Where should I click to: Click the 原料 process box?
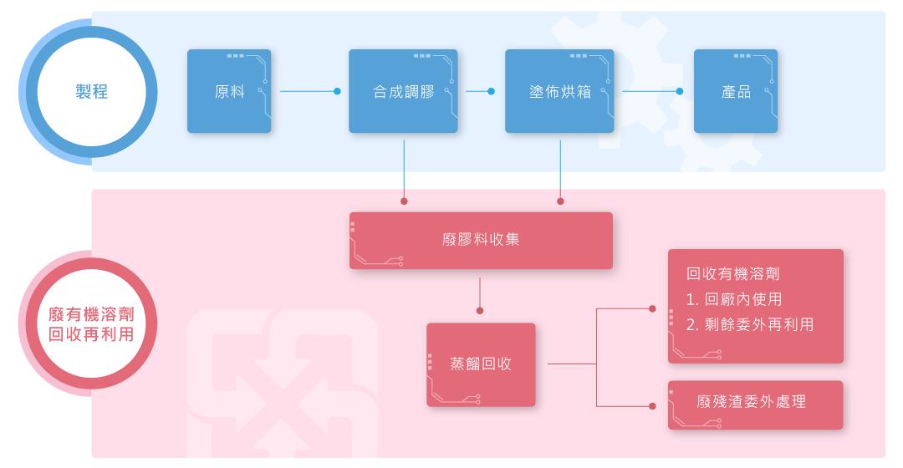[x=229, y=91]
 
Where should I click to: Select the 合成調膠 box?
[x=403, y=91]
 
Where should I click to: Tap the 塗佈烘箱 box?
[x=559, y=91]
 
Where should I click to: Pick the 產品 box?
[x=736, y=91]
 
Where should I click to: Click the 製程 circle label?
[x=91, y=91]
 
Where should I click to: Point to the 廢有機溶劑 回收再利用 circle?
[x=91, y=323]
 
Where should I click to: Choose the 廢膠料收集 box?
[x=481, y=240]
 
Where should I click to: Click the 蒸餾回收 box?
[x=481, y=364]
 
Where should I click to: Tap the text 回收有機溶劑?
[x=732, y=273]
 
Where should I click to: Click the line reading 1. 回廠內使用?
[x=734, y=299]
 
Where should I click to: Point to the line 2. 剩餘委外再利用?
[x=750, y=324]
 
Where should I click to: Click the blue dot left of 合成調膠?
[x=337, y=91]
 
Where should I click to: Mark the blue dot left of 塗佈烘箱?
[x=491, y=91]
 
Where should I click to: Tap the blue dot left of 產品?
[x=680, y=91]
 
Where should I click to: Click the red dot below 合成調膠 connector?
[x=404, y=201]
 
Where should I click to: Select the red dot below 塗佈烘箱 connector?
[x=560, y=201]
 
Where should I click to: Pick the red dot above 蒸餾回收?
[x=480, y=311]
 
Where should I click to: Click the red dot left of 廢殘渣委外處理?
[x=652, y=406]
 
